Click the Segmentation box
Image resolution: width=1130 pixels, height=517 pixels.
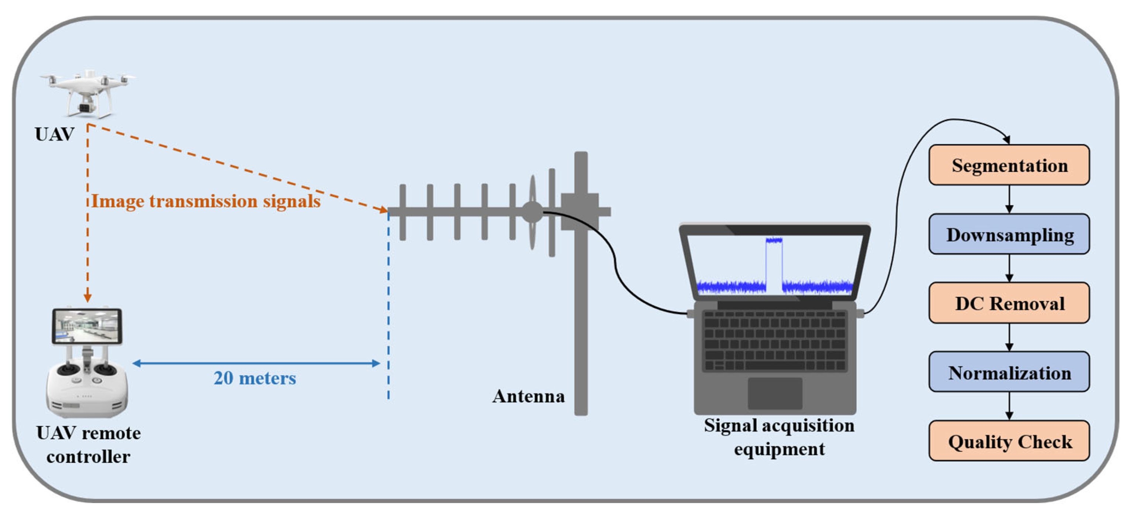(1009, 165)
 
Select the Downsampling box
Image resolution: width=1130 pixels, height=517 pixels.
(1009, 235)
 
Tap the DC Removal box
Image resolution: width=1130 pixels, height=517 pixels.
(1009, 303)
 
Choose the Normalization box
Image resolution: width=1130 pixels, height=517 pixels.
(1009, 372)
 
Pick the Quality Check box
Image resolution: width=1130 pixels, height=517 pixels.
(1009, 441)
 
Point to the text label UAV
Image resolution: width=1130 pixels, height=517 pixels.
(54, 134)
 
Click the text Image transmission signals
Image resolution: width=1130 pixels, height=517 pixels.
(206, 201)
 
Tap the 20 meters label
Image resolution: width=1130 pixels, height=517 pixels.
(255, 378)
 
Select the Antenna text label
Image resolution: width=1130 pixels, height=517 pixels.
(528, 396)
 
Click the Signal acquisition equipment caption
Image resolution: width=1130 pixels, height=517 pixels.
(779, 437)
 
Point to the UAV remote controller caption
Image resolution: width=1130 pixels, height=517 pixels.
(88, 445)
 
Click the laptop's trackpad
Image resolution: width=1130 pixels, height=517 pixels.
(775, 393)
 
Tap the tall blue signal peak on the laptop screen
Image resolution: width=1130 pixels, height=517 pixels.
(774, 263)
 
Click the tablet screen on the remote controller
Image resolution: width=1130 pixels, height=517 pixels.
(87, 326)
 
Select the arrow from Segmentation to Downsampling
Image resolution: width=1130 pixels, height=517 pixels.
(1009, 199)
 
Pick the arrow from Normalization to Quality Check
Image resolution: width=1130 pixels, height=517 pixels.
(1009, 406)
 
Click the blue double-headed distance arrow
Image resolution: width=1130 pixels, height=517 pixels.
(256, 363)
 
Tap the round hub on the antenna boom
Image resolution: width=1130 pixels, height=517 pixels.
(532, 212)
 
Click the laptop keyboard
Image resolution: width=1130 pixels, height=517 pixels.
(775, 341)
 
